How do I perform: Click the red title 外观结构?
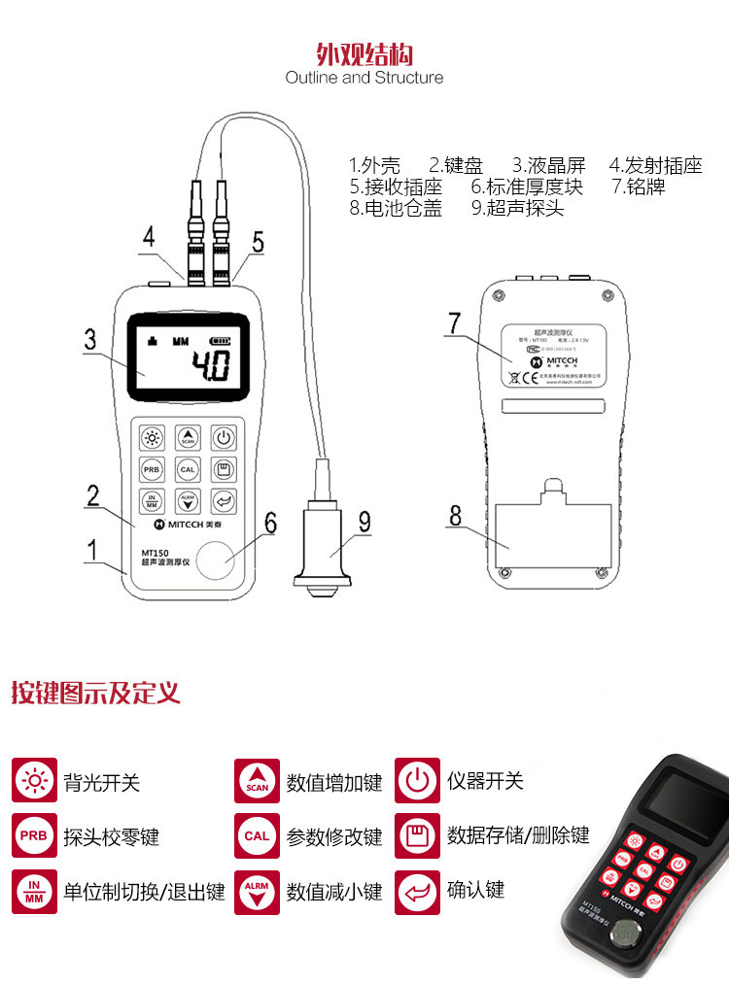tap(364, 51)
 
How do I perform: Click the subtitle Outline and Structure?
tap(364, 78)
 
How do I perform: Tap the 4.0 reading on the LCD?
tap(210, 367)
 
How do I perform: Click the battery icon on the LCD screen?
tap(222, 341)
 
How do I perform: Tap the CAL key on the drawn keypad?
tap(189, 469)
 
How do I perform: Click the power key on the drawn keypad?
tap(224, 437)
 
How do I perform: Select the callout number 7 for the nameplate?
tap(455, 323)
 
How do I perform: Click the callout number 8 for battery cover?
tap(455, 515)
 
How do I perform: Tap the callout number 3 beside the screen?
tap(90, 340)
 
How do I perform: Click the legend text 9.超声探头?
tap(517, 208)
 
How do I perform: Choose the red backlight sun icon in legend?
tap(34, 781)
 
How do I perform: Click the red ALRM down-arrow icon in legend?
tap(257, 892)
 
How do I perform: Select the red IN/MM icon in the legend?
tap(34, 892)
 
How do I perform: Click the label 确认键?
tap(475, 890)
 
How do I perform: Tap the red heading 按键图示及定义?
tap(95, 694)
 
